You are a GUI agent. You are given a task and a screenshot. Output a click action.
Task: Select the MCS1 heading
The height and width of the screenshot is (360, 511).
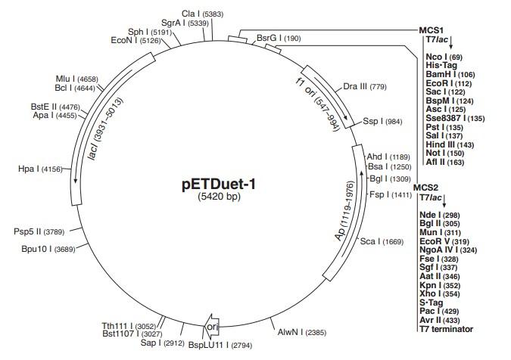click(432, 30)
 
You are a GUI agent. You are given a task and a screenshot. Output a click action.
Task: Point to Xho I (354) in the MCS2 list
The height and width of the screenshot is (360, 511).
click(445, 292)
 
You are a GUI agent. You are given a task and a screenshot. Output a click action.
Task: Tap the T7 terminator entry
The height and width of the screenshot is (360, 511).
click(447, 329)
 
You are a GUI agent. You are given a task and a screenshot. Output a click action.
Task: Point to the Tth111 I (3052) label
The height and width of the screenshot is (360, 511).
click(128, 325)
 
